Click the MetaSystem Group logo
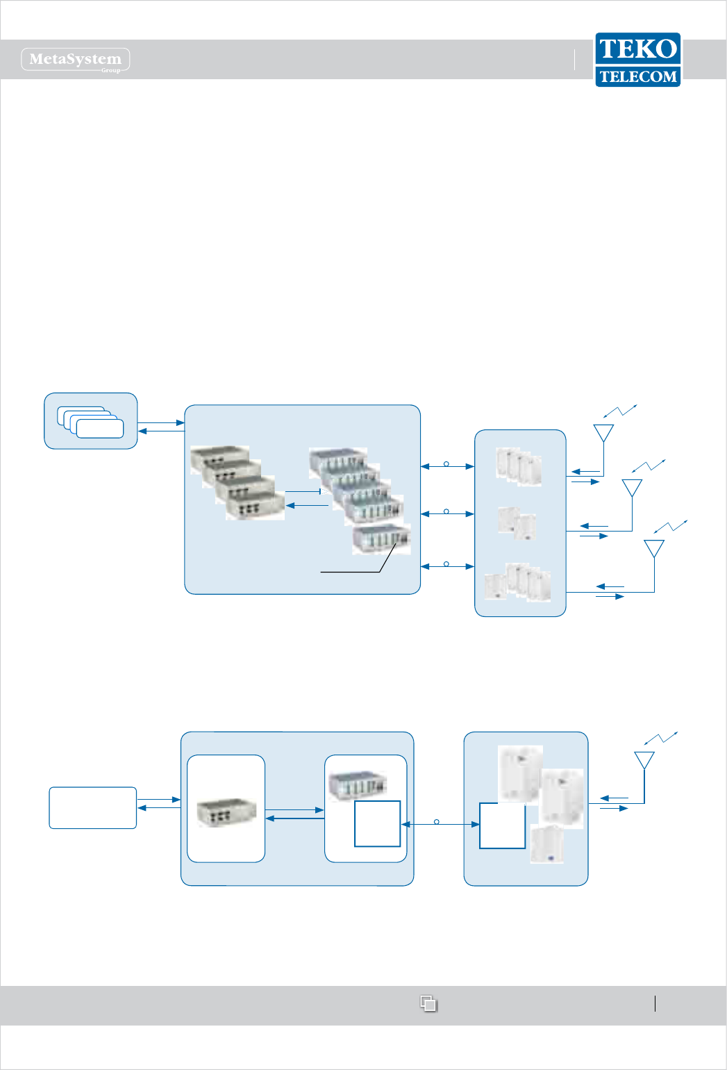coord(76,60)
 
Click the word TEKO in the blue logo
coord(637,49)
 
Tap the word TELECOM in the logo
coord(637,76)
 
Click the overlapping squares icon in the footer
coord(428,1003)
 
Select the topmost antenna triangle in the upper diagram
coord(603,432)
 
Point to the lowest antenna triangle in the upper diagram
coord(654,548)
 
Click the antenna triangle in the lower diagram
coord(644,759)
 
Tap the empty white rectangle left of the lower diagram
coord(92,807)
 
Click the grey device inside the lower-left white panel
coord(226,812)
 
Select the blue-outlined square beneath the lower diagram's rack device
coord(377,823)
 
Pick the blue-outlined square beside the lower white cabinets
coord(502,825)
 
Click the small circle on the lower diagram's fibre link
coord(437,822)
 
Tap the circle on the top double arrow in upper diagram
coord(446,463)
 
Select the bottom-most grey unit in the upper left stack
coord(255,506)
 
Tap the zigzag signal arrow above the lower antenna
coord(660,738)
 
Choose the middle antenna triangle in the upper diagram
coord(632,487)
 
